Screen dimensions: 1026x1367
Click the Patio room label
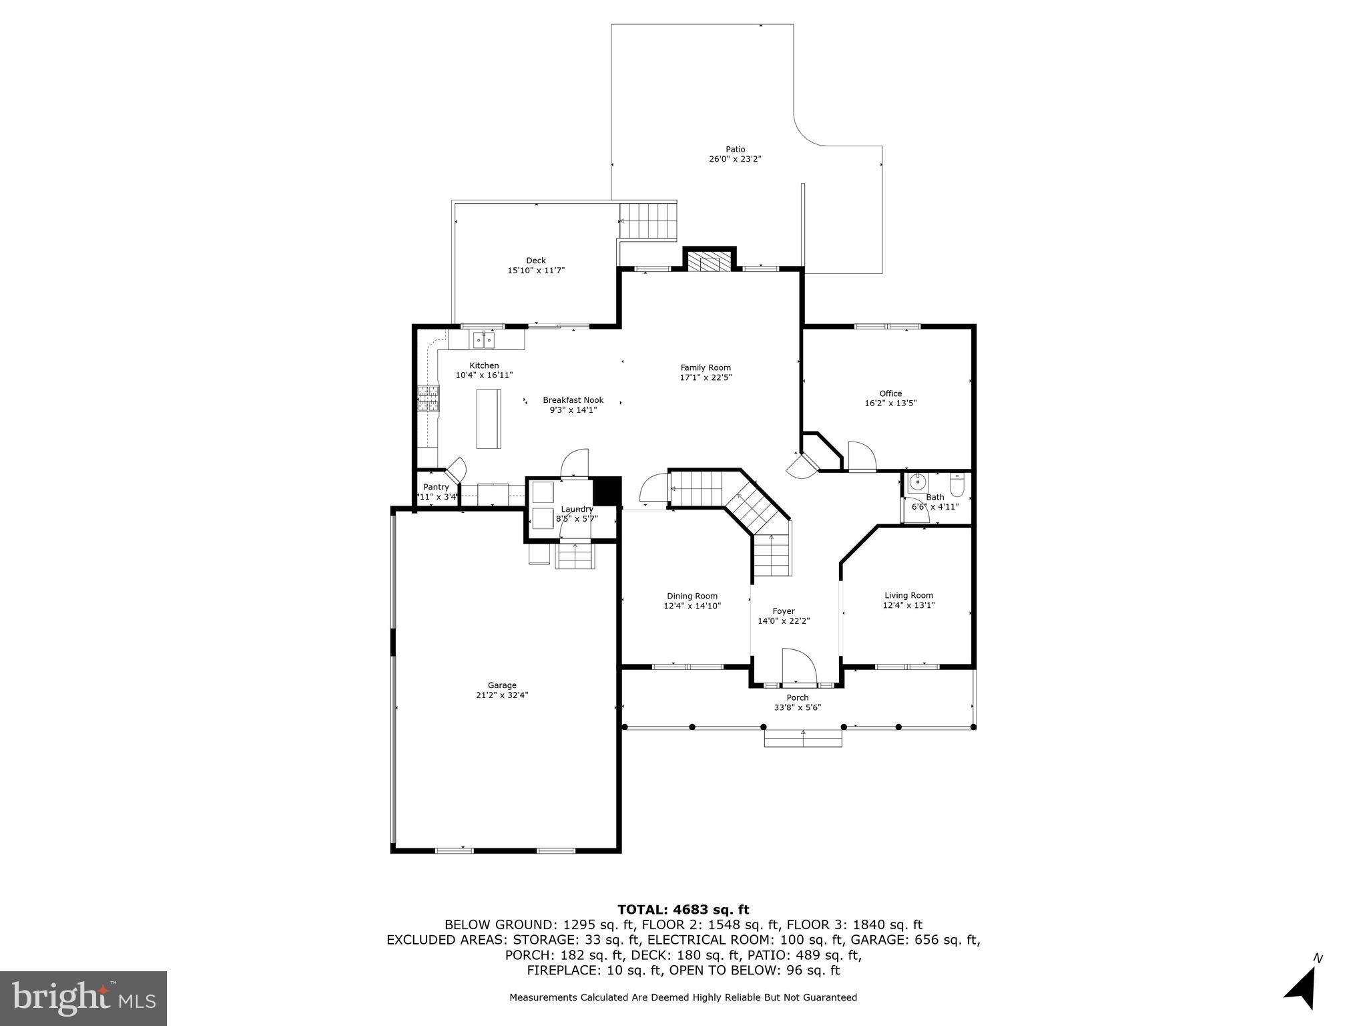[735, 150]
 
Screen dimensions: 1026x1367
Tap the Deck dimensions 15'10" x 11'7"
[536, 271]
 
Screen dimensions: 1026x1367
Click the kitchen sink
[484, 341]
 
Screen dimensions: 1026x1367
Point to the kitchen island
[488, 419]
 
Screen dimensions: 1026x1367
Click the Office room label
[890, 393]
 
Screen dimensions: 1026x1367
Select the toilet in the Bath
[956, 486]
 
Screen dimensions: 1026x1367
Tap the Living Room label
[908, 595]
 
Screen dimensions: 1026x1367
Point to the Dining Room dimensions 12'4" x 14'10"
[692, 606]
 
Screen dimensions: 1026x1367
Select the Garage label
[502, 685]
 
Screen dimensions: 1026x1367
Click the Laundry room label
[577, 509]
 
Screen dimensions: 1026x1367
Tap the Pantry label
[436, 487]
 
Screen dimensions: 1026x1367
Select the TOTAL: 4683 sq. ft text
[683, 909]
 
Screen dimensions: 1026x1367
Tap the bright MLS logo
[83, 998]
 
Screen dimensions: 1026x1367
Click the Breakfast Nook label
[573, 400]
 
